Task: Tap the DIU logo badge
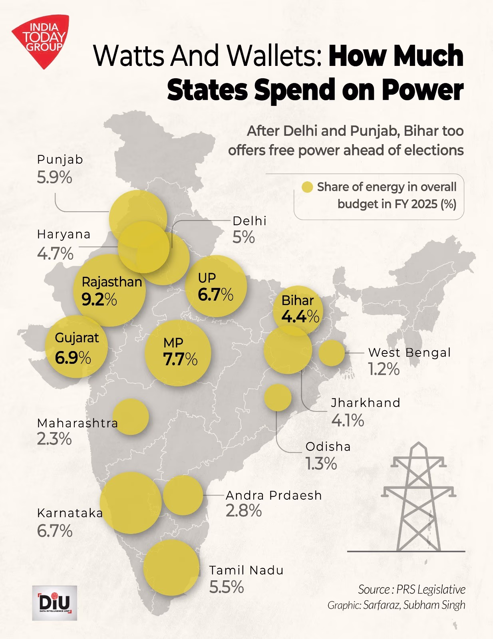tap(54, 603)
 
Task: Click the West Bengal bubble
tap(331, 353)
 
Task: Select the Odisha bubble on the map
tap(278, 397)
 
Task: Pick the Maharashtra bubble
tap(131, 417)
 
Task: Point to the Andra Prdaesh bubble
tap(183, 495)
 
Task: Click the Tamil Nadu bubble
tap(171, 568)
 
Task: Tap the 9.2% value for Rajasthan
tap(99, 299)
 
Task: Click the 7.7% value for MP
tap(180, 359)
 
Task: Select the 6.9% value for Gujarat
tap(73, 357)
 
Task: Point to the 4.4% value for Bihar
tap(300, 316)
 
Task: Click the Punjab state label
tap(60, 159)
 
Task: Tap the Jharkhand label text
tap(365, 403)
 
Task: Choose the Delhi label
tap(249, 221)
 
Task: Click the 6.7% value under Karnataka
tap(55, 531)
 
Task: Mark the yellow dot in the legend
tap(307, 187)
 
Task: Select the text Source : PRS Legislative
tap(411, 589)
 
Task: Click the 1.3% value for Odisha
tap(321, 464)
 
